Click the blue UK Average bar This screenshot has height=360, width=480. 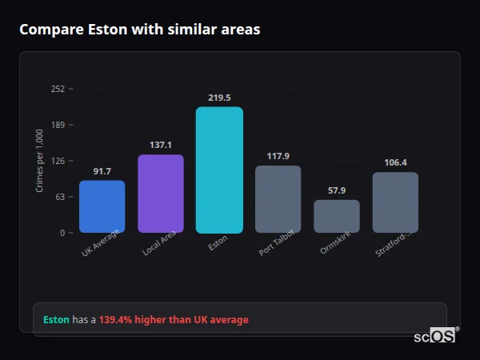[102, 206]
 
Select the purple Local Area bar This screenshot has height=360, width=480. [161, 194]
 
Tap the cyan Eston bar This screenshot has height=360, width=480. [219, 170]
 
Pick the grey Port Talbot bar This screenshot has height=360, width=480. [278, 199]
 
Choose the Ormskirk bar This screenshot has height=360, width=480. [337, 216]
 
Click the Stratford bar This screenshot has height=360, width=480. [395, 202]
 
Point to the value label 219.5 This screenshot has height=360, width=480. [219, 98]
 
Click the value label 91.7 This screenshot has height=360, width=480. [102, 171]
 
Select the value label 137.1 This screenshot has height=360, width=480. [161, 145]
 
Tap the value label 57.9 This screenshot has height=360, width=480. [337, 190]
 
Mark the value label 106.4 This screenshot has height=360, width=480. [395, 162]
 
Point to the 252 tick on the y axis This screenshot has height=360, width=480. [58, 89]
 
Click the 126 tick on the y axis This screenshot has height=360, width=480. [58, 161]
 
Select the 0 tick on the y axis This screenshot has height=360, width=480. [62, 233]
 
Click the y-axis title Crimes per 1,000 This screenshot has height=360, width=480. [40, 161]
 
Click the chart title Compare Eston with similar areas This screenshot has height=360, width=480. [139, 30]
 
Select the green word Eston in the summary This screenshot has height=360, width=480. [56, 320]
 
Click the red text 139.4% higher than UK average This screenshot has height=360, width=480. [174, 320]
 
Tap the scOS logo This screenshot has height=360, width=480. [435, 337]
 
